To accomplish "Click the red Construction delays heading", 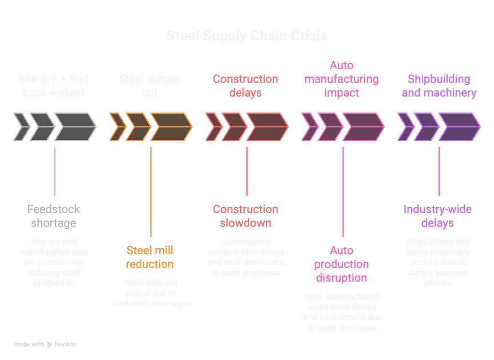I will (x=246, y=86).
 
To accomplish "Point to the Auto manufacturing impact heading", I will (x=341, y=79).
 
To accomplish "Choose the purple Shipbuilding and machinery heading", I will (x=439, y=86).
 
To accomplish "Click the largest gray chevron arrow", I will (x=75, y=127).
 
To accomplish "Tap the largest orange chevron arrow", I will (x=171, y=127).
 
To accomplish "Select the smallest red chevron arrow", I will (x=213, y=127).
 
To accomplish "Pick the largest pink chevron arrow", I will (x=363, y=127).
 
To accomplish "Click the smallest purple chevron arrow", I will (x=405, y=127).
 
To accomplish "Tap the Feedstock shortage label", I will (x=54, y=216).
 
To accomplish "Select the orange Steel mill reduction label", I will (x=150, y=257).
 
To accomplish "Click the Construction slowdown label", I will (x=246, y=216).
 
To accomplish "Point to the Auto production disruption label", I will (x=341, y=264).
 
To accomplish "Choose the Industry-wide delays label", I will (x=438, y=216).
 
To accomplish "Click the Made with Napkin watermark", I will (x=45, y=345).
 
